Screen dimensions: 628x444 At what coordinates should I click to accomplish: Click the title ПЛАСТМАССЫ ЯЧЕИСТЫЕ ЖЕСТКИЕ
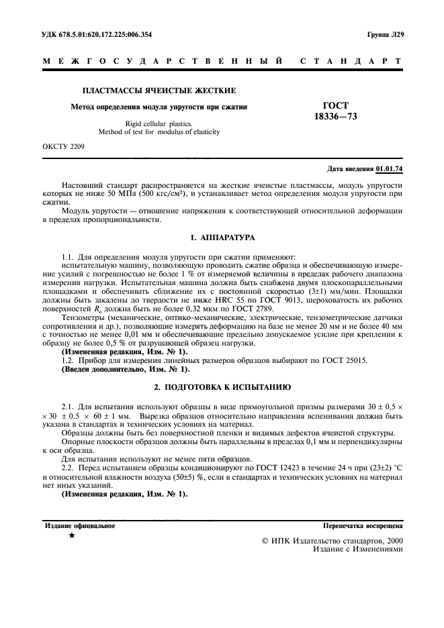pyautogui.click(x=159, y=90)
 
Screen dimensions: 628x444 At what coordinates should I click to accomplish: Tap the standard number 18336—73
pyautogui.click(x=341, y=117)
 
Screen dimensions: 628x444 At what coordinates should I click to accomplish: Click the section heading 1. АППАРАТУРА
pyautogui.click(x=222, y=238)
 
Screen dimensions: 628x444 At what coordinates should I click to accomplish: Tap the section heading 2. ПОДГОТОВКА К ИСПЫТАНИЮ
pyautogui.click(x=222, y=388)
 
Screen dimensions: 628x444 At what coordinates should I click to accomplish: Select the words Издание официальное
pyautogui.click(x=79, y=526)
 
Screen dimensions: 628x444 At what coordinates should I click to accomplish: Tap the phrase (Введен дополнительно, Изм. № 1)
pyautogui.click(x=126, y=369)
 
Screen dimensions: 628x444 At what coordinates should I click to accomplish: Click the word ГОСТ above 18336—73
pyautogui.click(x=341, y=106)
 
